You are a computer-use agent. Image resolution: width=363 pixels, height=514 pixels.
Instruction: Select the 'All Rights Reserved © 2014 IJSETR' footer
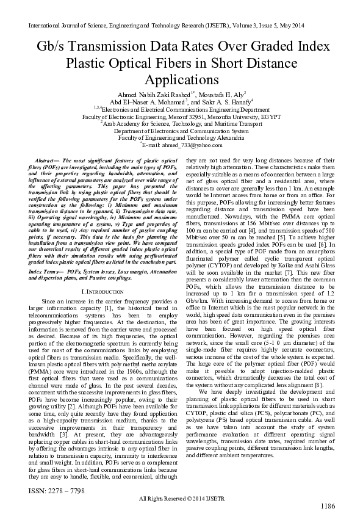(181, 499)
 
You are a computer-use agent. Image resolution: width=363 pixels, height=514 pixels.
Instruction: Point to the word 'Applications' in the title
(181, 80)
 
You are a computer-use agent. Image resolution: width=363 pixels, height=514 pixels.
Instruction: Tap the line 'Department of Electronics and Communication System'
(181, 130)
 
